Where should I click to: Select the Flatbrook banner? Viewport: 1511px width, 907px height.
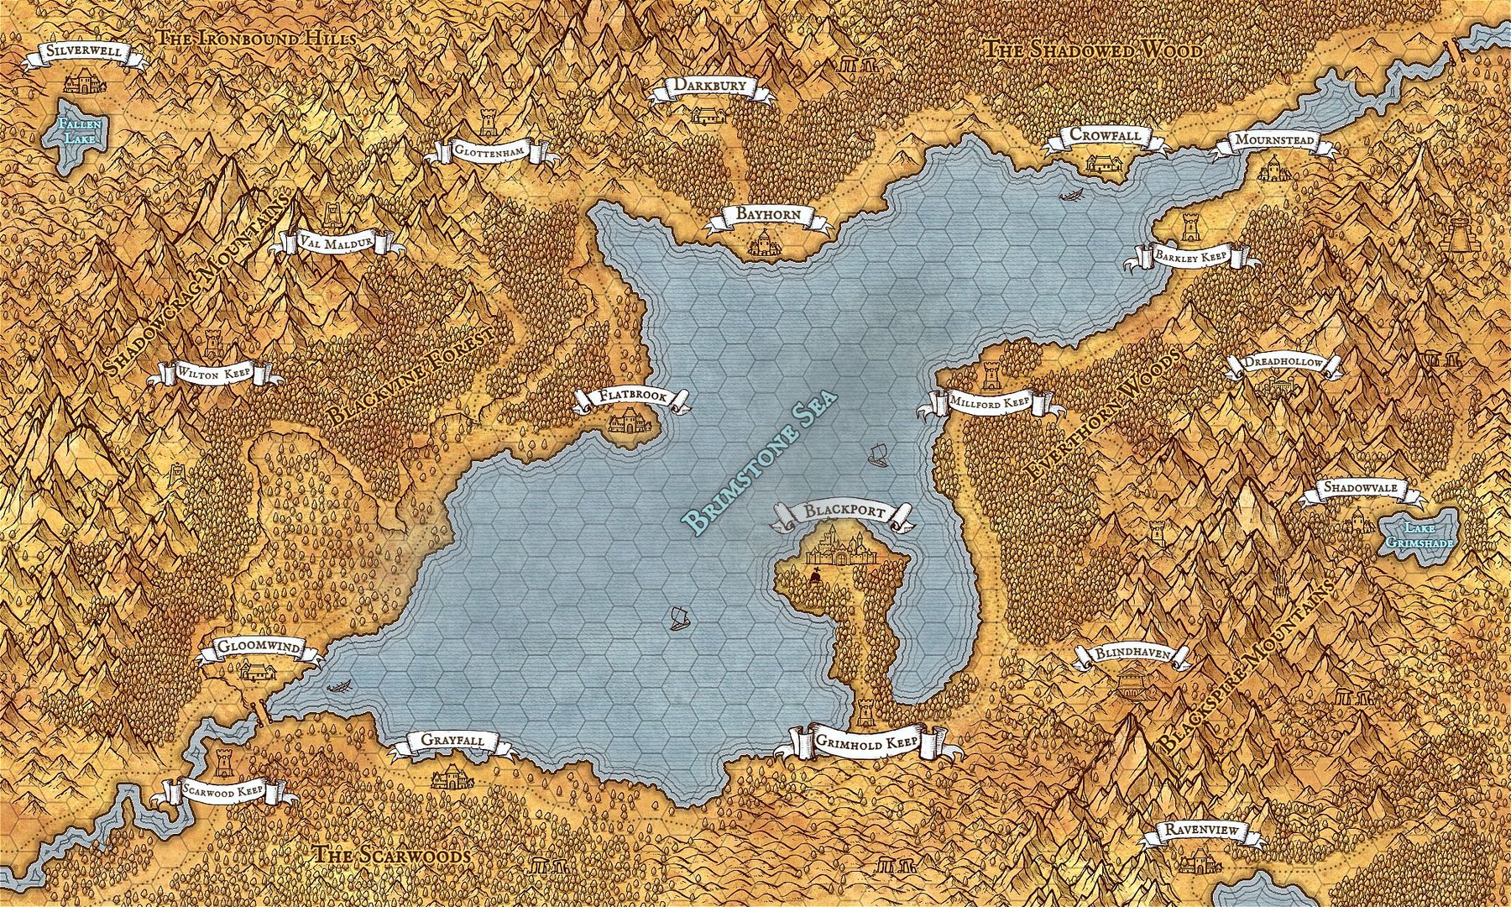click(x=632, y=398)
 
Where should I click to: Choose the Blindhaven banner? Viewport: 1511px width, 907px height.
click(x=1132, y=655)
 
